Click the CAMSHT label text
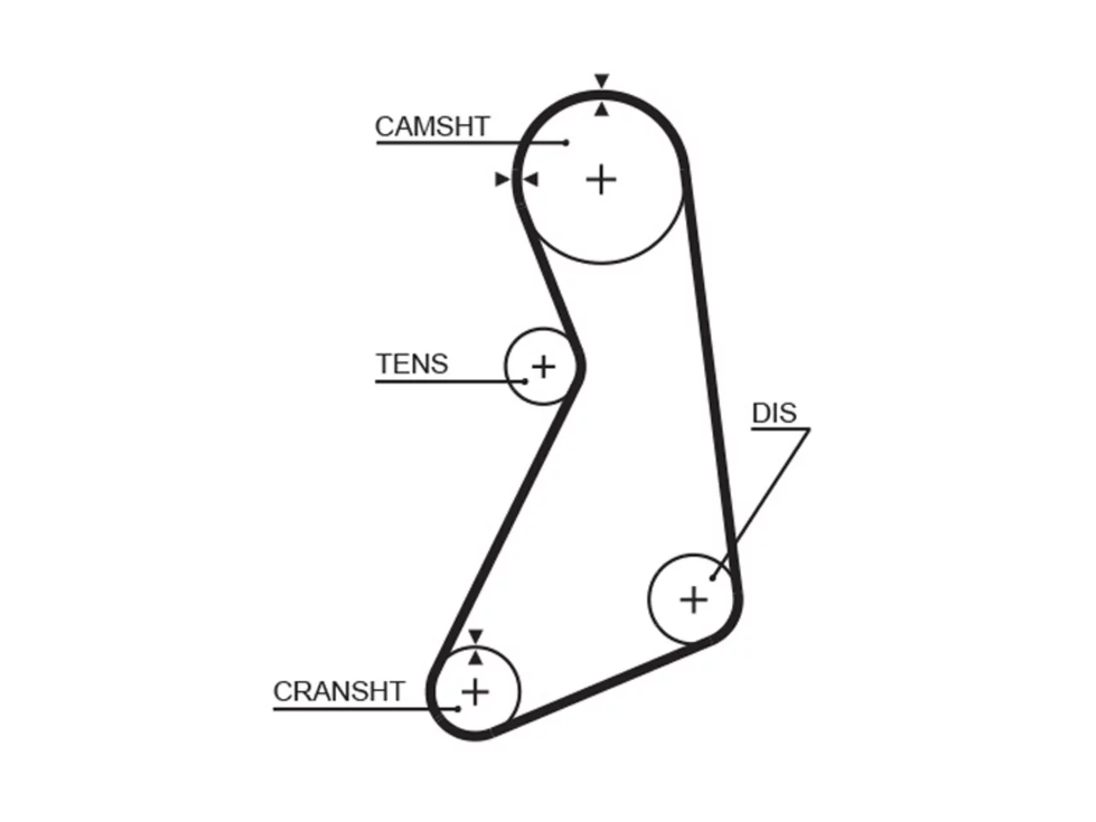pyautogui.click(x=432, y=126)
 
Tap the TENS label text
pyautogui.click(x=412, y=363)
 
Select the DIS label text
pyautogui.click(x=774, y=413)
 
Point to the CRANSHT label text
pyautogui.click(x=339, y=691)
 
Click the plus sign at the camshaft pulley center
pyautogui.click(x=601, y=180)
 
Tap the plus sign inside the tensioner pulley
pyautogui.click(x=544, y=367)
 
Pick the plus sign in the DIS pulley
pyautogui.click(x=694, y=599)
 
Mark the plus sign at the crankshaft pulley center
pyautogui.click(x=475, y=692)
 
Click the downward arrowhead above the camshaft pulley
pyautogui.click(x=602, y=80)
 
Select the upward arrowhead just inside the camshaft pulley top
pyautogui.click(x=602, y=110)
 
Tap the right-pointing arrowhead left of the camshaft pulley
pyautogui.click(x=503, y=180)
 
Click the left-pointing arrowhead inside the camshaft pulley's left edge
pyautogui.click(x=530, y=180)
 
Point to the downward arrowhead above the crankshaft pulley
pyautogui.click(x=475, y=637)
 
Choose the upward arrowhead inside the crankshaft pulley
pyautogui.click(x=475, y=658)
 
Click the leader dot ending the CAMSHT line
pyautogui.click(x=566, y=143)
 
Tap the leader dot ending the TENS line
pyautogui.click(x=525, y=381)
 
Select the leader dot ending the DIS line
pyautogui.click(x=712, y=578)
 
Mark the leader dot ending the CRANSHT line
pyautogui.click(x=458, y=709)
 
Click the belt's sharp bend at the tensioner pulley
pyautogui.click(x=580, y=366)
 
